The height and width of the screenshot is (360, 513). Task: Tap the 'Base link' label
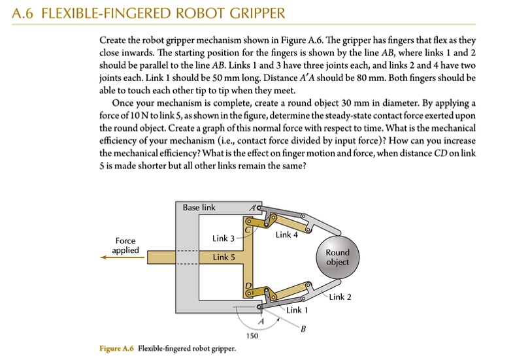pyautogui.click(x=199, y=207)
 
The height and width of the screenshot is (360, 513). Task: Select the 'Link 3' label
pyautogui.click(x=223, y=238)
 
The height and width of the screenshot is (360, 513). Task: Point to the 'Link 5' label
pyautogui.click(x=223, y=257)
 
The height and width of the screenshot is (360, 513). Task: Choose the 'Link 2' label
pyautogui.click(x=340, y=297)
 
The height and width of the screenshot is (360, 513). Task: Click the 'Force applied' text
pyautogui.click(x=125, y=246)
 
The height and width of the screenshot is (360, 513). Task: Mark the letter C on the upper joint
pyautogui.click(x=248, y=229)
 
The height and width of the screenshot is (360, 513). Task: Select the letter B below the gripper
pyautogui.click(x=303, y=329)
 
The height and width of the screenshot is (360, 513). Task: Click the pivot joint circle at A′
pyautogui.click(x=259, y=209)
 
